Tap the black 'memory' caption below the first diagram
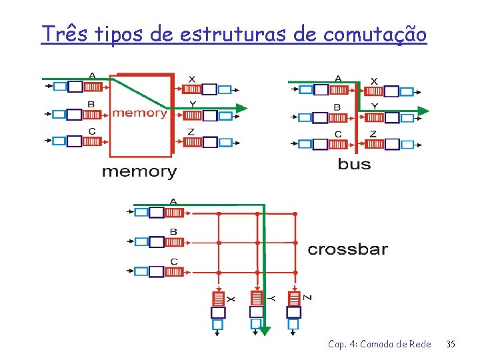(139, 171)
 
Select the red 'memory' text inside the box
(139, 113)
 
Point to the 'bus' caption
(354, 164)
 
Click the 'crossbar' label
(347, 249)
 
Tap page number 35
(451, 344)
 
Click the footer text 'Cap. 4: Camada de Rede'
(379, 344)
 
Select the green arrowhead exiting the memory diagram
(241, 107)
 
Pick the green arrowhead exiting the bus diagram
(423, 111)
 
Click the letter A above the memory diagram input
(91, 75)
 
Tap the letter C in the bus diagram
(338, 133)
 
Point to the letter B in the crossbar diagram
(173, 231)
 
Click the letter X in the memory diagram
(192, 79)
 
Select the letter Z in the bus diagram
(373, 133)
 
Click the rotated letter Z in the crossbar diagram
(307, 297)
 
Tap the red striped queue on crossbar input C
(174, 271)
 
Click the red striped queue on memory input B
(92, 114)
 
